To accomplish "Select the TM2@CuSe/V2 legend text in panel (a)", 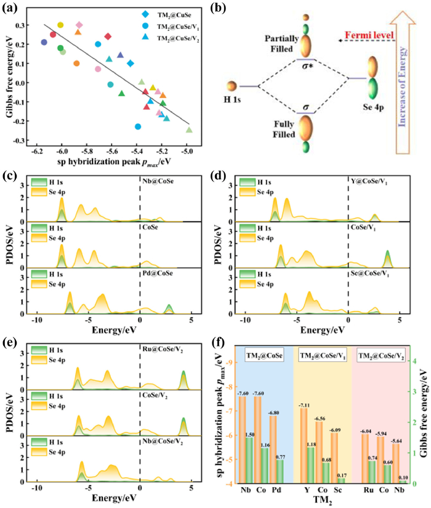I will pos(178,38).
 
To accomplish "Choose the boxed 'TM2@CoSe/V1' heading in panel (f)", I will pos(323,356).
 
